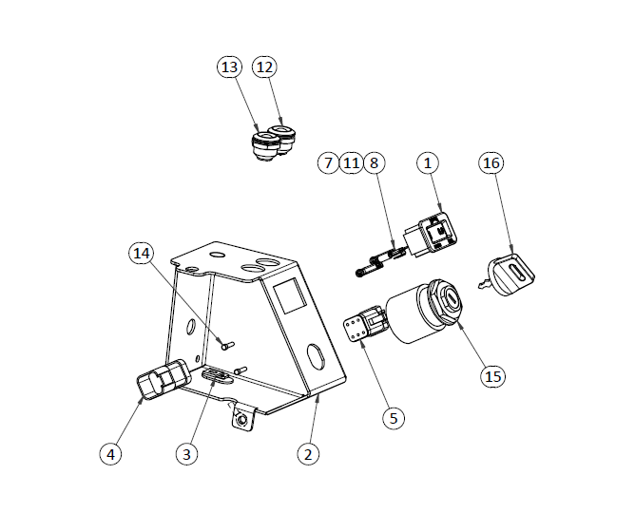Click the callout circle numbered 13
229,67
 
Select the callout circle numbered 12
264,67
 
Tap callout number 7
329,163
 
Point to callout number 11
352,163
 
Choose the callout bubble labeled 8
374,163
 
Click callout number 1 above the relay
428,163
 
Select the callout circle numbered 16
491,163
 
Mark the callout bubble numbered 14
142,253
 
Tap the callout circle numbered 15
492,376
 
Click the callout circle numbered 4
111,454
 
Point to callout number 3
187,454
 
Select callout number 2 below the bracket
306,454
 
